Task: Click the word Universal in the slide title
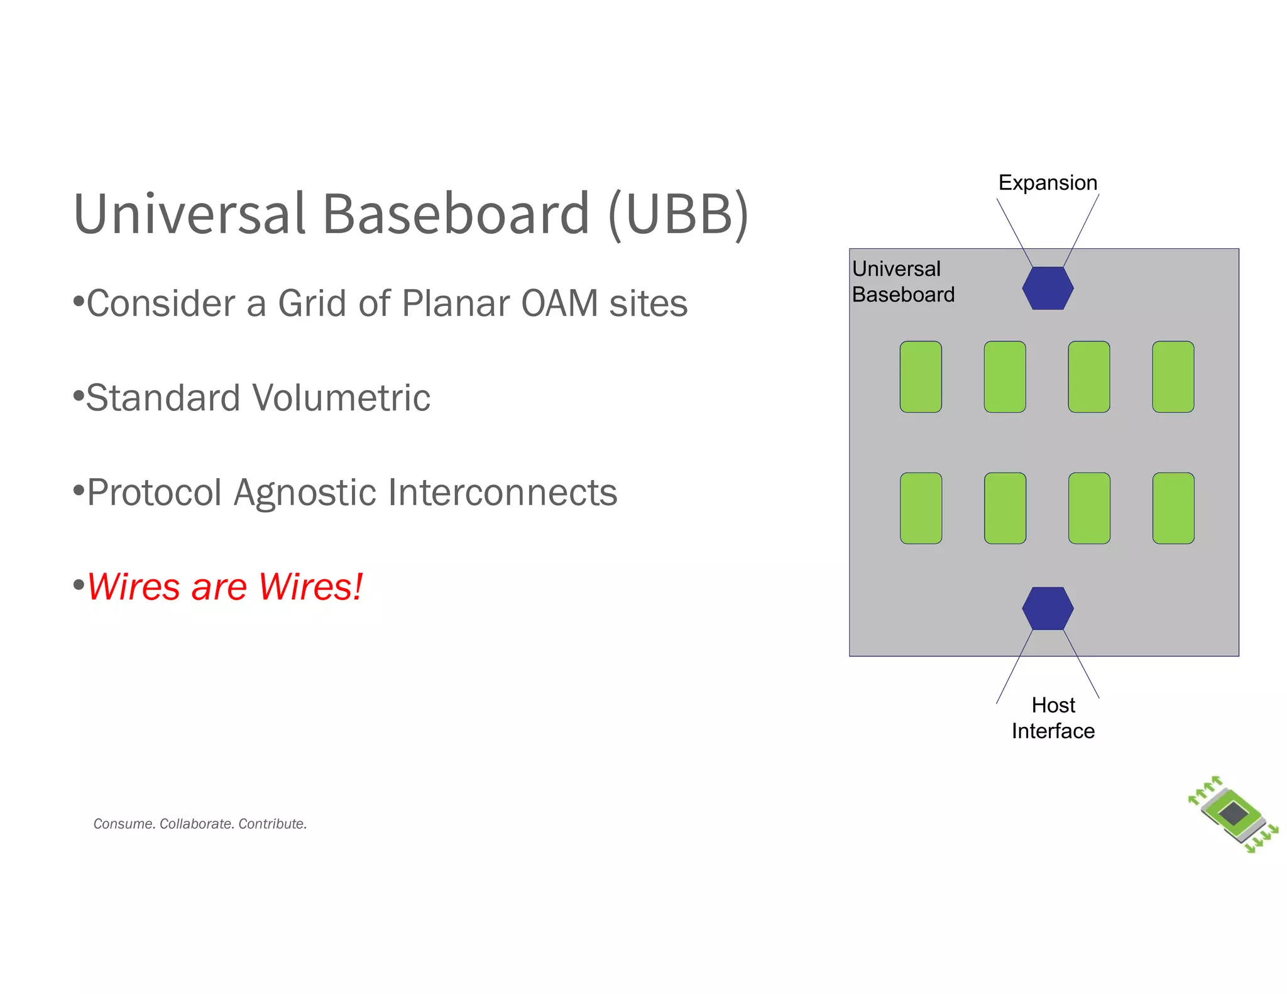[189, 214]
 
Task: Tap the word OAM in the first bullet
[559, 303]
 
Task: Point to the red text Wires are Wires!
[225, 587]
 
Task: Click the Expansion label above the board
[1048, 183]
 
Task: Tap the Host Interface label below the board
[1053, 718]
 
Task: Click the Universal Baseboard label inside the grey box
[902, 281]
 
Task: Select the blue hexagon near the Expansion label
[1048, 288]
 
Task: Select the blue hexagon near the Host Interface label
[1048, 608]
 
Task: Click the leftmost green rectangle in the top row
[921, 377]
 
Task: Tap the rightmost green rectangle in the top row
[1173, 377]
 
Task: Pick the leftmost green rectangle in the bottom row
[921, 508]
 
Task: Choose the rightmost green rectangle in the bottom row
[1173, 508]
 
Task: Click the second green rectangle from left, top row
[1005, 377]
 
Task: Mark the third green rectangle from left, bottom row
[1089, 508]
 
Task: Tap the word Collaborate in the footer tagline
[195, 824]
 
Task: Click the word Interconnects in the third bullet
[503, 493]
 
